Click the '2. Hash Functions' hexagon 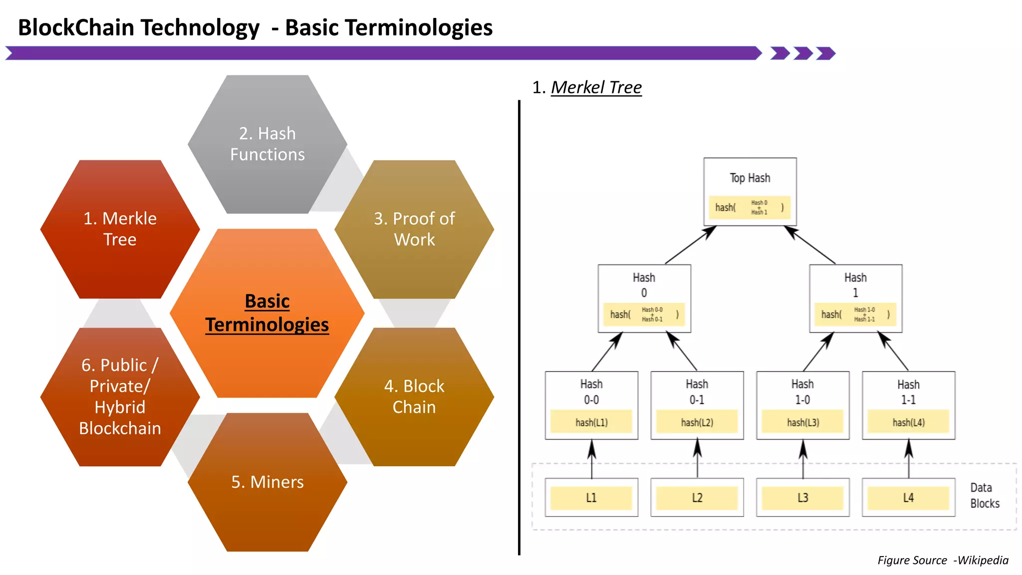pyautogui.click(x=267, y=144)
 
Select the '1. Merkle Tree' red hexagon pyautogui.click(x=120, y=229)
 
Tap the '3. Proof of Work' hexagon pyautogui.click(x=414, y=229)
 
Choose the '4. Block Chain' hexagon pyautogui.click(x=414, y=397)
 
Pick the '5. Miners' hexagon pyautogui.click(x=267, y=482)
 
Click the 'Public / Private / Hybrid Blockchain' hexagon pyautogui.click(x=120, y=397)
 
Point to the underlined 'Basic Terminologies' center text pyautogui.click(x=267, y=313)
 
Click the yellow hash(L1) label pyautogui.click(x=591, y=422)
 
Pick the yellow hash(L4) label pyautogui.click(x=908, y=422)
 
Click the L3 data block pyautogui.click(x=802, y=498)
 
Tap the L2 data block pyautogui.click(x=697, y=498)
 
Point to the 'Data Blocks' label pyautogui.click(x=985, y=495)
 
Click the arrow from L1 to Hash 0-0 pyautogui.click(x=592, y=459)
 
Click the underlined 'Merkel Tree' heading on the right pyautogui.click(x=596, y=87)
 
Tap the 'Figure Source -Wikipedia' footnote pyautogui.click(x=943, y=560)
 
